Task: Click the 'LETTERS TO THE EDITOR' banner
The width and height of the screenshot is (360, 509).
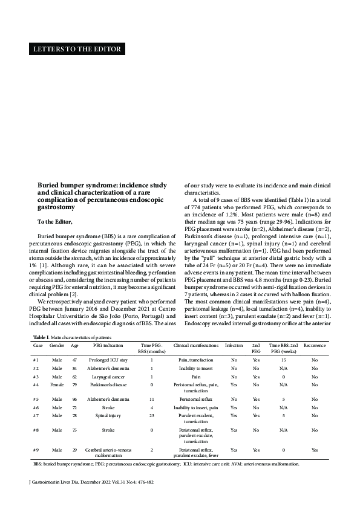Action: (76, 50)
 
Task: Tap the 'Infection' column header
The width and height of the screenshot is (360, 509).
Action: (234, 345)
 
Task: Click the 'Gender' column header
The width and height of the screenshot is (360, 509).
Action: (57, 345)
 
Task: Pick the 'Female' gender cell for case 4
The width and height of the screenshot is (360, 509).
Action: (57, 384)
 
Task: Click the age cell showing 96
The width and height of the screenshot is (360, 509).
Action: (75, 400)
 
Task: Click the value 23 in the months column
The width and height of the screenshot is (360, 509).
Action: (152, 415)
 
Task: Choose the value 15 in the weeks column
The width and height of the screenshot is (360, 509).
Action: (283, 359)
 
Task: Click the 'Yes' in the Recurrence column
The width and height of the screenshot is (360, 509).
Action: (314, 450)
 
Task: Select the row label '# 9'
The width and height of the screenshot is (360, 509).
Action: (37, 450)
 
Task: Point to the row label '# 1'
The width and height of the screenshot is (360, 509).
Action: (37, 359)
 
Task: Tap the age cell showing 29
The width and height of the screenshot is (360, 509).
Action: (75, 450)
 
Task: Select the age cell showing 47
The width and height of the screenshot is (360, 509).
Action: (75, 359)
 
